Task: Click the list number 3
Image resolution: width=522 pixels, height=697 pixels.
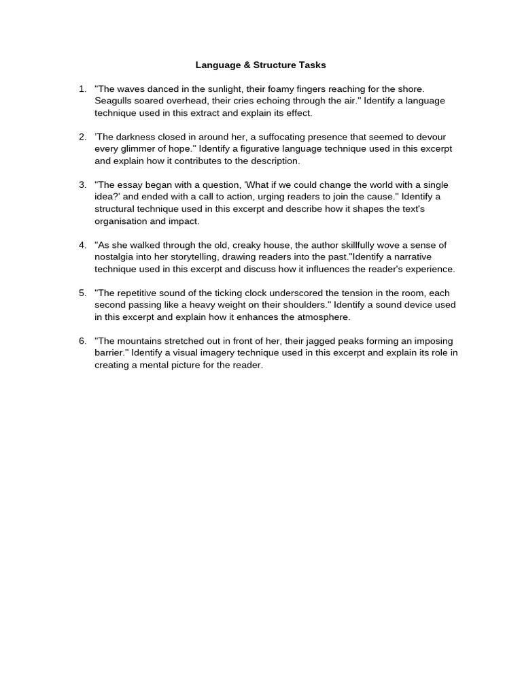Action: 82,185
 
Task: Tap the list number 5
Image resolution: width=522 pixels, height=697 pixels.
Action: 82,293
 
